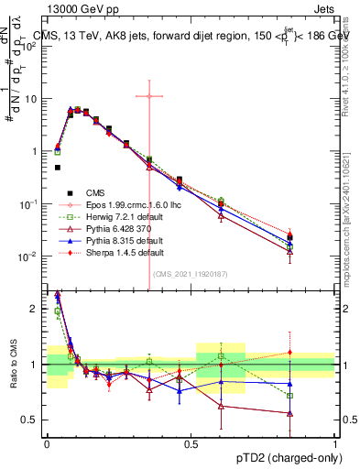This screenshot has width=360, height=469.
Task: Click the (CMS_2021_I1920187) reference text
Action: point(190,273)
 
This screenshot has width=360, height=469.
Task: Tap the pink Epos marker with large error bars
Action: point(148,95)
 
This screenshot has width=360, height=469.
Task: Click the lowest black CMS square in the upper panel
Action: point(57,168)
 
